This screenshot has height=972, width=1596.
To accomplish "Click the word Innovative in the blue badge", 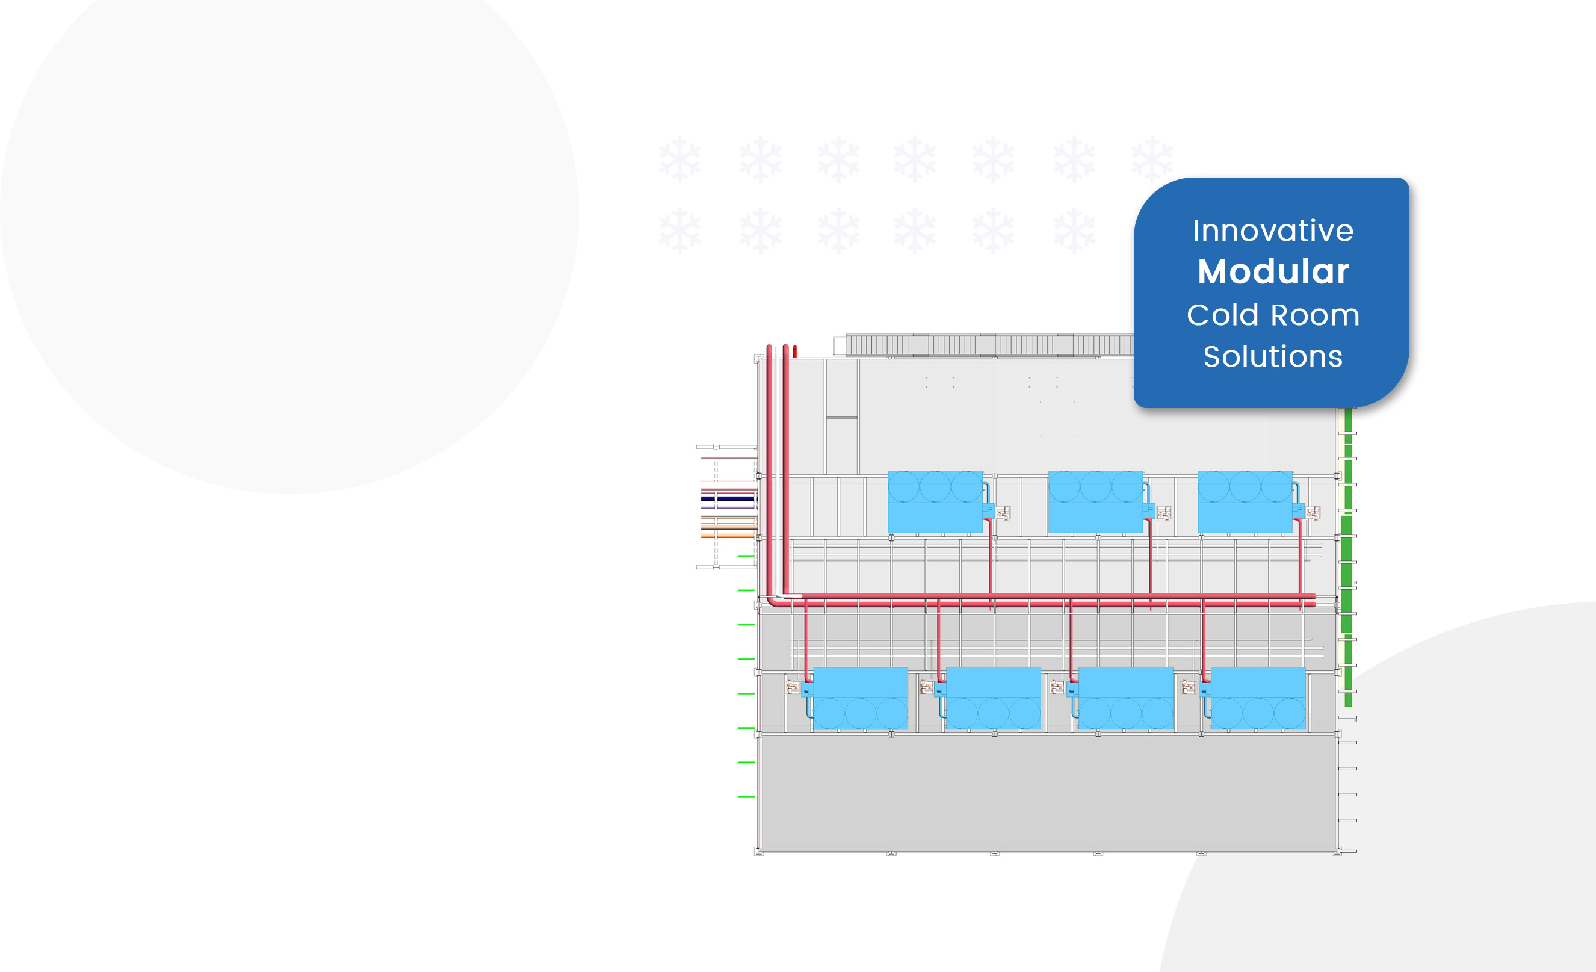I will coord(1273,231).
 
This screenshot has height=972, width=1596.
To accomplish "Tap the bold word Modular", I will coord(1273,271).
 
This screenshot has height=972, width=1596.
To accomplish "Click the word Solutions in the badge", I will coord(1273,357).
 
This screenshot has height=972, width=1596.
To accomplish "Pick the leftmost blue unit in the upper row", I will coord(935,503).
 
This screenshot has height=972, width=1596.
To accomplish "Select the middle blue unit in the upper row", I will coord(1095,503).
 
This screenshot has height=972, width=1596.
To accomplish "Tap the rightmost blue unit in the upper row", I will coord(1245,503).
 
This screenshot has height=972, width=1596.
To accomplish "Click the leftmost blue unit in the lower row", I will coord(860,698).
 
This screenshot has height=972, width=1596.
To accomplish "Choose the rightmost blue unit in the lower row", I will coord(1258,698).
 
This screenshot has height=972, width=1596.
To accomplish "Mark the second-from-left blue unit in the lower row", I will coord(993,698).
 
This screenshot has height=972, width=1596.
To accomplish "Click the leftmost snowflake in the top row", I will coord(679,159).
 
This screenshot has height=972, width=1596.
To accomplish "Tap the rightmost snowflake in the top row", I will coord(1152,159).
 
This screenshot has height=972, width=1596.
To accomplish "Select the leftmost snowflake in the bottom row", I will coord(679,231).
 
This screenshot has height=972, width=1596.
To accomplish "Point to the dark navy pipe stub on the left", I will coord(728,498).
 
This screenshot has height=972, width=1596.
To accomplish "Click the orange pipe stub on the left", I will coord(728,536).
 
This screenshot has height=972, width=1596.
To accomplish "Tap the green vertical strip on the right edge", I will coord(1348,557).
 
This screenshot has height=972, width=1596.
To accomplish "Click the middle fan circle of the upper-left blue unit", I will coord(935,487).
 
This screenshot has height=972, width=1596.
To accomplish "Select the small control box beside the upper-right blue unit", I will coord(1313,513).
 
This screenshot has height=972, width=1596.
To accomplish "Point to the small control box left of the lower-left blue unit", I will coord(792,687).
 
